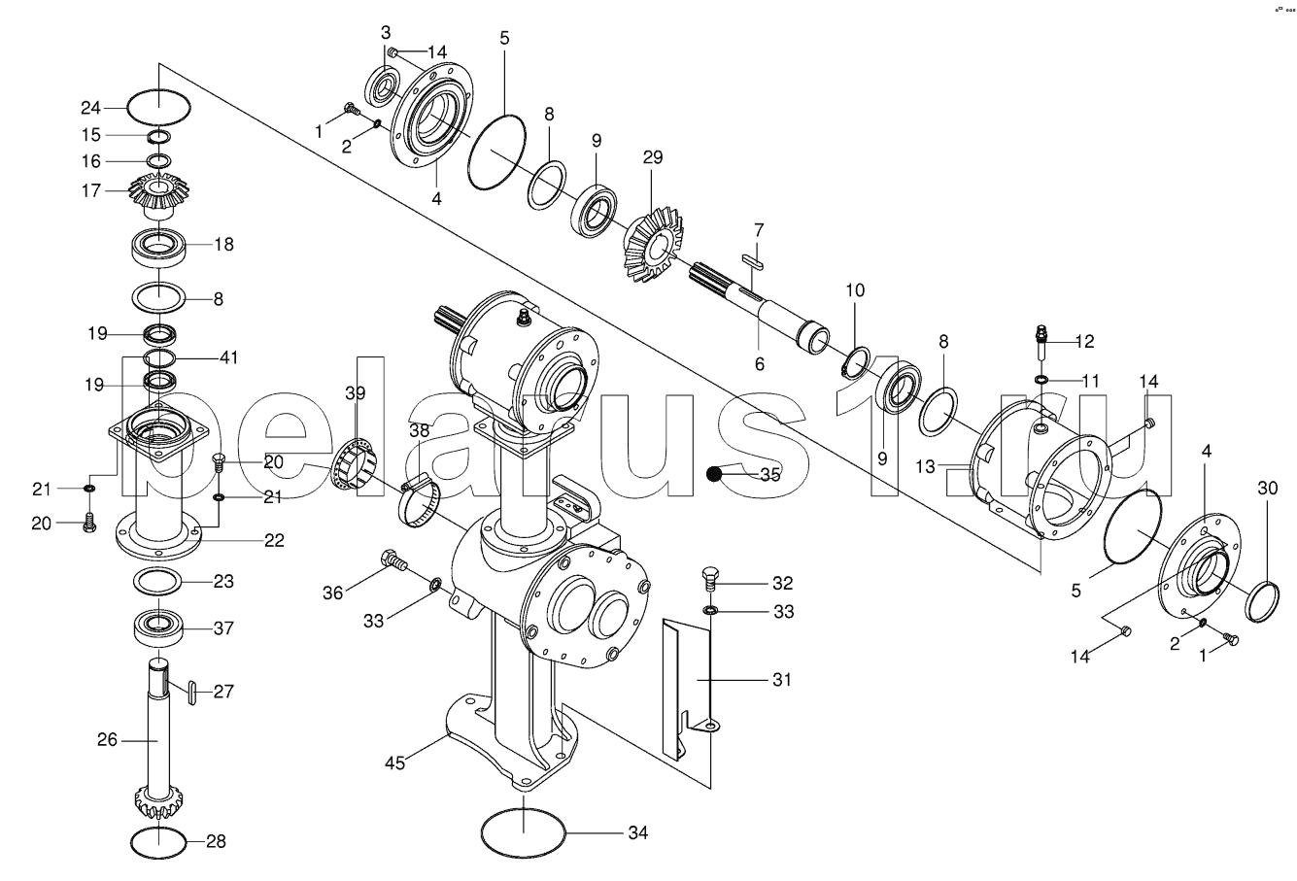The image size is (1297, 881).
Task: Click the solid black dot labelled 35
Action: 714,474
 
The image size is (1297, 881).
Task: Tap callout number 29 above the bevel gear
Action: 653,157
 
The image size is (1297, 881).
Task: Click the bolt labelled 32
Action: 710,579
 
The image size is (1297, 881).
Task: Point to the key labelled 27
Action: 192,694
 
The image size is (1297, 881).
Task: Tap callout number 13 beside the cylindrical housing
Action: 925,466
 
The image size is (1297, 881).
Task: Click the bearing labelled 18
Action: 158,248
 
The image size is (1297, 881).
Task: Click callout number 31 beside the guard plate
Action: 782,679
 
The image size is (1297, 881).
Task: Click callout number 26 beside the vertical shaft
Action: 107,739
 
